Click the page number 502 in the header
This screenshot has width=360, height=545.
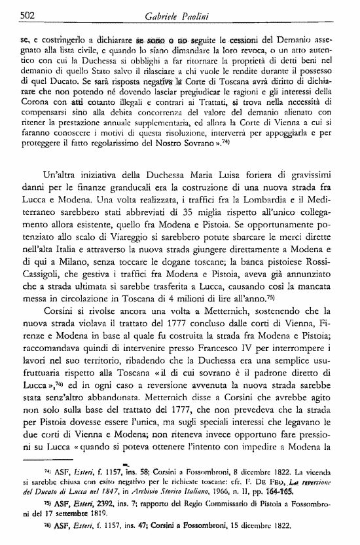[x=10, y=16]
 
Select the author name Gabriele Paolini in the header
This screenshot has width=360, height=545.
[x=178, y=16]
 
